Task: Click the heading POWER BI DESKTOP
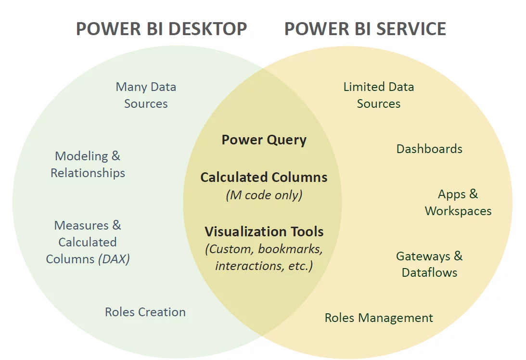tap(161, 29)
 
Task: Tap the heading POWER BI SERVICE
tap(365, 29)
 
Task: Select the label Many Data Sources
tap(146, 95)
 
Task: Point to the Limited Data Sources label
tap(379, 95)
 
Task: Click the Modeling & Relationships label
tap(88, 164)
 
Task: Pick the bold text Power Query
tap(264, 140)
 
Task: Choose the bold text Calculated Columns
tap(264, 177)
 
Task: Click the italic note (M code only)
tap(264, 195)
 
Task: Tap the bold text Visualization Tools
tap(264, 231)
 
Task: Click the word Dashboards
tap(429, 149)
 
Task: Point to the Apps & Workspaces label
tap(458, 203)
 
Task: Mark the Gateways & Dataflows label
tap(429, 264)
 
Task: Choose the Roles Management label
tap(379, 318)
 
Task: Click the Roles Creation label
tap(145, 312)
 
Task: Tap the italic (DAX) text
tap(114, 259)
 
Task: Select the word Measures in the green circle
tap(75, 225)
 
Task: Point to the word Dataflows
tap(429, 272)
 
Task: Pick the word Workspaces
tap(458, 211)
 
